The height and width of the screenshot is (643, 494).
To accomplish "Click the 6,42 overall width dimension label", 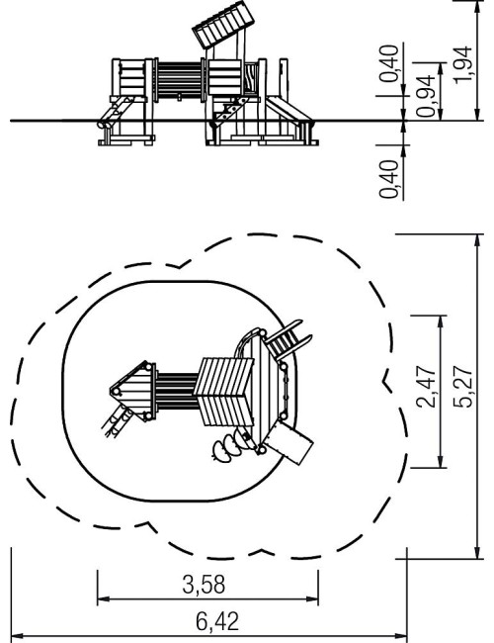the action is (217, 621).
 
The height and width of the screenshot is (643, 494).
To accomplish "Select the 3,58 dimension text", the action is (204, 585).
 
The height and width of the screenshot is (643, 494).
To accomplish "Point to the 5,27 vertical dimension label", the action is (463, 387).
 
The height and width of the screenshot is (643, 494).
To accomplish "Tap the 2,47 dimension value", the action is (426, 387).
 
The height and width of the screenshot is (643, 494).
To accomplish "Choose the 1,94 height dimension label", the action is (463, 64).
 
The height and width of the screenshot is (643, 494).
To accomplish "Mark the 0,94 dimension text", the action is (426, 96).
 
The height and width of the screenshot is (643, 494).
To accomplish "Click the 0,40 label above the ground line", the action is (388, 63).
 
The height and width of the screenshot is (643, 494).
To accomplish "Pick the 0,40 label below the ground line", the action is (388, 179).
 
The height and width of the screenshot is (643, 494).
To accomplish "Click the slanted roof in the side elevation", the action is (223, 25).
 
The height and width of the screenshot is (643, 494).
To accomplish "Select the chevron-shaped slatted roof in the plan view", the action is (224, 392).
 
